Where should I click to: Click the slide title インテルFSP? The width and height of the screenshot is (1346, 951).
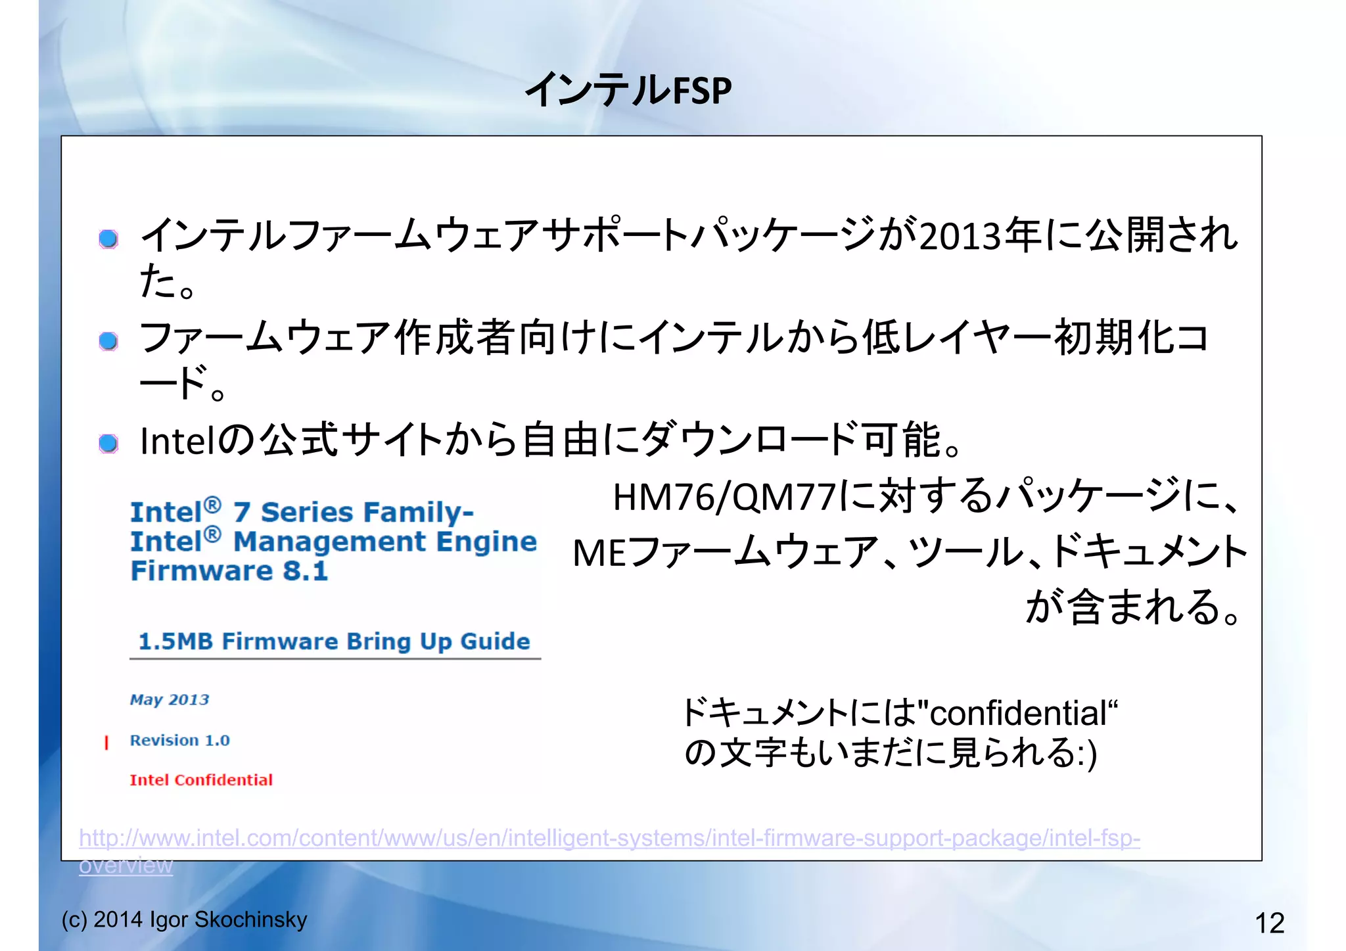point(628,90)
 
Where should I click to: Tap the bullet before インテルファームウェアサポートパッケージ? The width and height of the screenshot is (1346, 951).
point(108,239)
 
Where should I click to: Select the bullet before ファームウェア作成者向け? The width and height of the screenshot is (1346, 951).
point(108,341)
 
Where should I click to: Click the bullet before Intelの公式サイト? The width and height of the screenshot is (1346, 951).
point(108,444)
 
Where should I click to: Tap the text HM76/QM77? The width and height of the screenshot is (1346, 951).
point(724,498)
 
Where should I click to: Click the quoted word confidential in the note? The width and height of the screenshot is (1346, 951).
point(1018,714)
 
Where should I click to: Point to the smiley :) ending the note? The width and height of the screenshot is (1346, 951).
point(1086,754)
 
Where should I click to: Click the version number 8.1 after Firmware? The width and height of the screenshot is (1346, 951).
point(305,570)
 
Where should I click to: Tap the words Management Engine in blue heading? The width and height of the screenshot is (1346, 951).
point(385,542)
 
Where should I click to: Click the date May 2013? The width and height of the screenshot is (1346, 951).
point(170,699)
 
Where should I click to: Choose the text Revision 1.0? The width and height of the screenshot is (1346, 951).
point(179,741)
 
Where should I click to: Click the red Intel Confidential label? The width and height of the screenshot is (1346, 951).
point(201,780)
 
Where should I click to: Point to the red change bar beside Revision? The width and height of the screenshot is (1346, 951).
point(106,742)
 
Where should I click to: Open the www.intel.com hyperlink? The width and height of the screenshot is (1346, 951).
point(609,839)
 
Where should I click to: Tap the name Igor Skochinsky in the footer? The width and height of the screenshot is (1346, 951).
point(228,919)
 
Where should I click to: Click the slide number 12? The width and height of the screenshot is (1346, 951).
point(1269,923)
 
